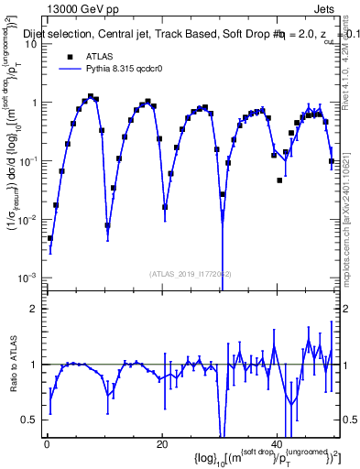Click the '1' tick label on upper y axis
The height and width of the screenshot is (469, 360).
coord(34,103)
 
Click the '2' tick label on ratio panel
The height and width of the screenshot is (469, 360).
coord(34,309)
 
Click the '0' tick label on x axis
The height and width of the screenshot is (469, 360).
coord(47,444)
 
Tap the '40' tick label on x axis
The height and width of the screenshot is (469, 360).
coord(278,444)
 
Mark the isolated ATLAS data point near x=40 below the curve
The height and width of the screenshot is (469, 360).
coord(279,179)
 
